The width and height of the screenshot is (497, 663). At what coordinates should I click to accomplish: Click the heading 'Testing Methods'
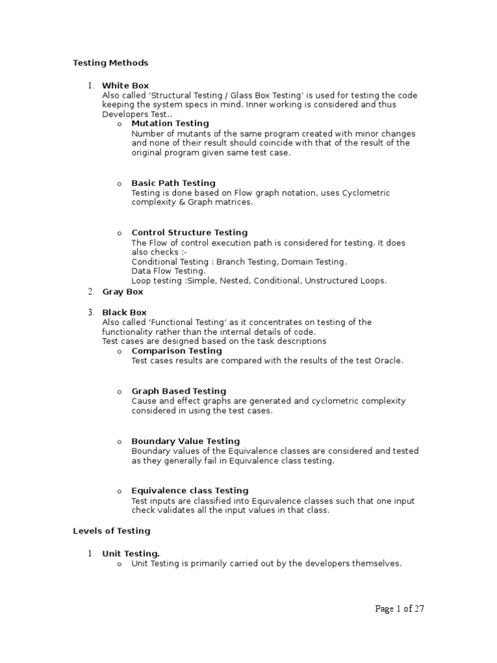point(111,63)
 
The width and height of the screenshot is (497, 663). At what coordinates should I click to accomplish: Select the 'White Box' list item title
point(126,85)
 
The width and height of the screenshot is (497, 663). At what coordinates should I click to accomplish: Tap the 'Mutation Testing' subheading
point(170,123)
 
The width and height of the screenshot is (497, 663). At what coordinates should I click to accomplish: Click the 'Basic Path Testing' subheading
point(173,183)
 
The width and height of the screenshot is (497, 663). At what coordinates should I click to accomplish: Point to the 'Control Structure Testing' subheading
point(190,232)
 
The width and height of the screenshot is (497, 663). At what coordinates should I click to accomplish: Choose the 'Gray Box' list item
point(123,292)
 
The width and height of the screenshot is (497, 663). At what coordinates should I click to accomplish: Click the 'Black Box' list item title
point(125,312)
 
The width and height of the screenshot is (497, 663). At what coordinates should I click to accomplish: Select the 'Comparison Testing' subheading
point(177,351)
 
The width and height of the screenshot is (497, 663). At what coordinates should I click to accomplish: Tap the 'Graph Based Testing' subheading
point(179,391)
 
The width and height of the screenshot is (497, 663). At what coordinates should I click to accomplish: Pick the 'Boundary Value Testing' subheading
point(186,441)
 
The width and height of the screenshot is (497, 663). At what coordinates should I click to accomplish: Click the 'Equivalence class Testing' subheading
point(190,491)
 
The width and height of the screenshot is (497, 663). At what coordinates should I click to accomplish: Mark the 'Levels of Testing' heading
point(111,531)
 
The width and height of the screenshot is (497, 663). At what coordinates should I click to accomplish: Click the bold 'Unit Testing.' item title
point(131,554)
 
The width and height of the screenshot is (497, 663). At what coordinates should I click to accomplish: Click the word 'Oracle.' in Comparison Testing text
point(388,361)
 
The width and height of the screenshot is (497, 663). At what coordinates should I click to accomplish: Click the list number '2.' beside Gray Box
point(92,292)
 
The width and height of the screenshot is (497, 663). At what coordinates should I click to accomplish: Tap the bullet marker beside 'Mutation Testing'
point(120,124)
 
